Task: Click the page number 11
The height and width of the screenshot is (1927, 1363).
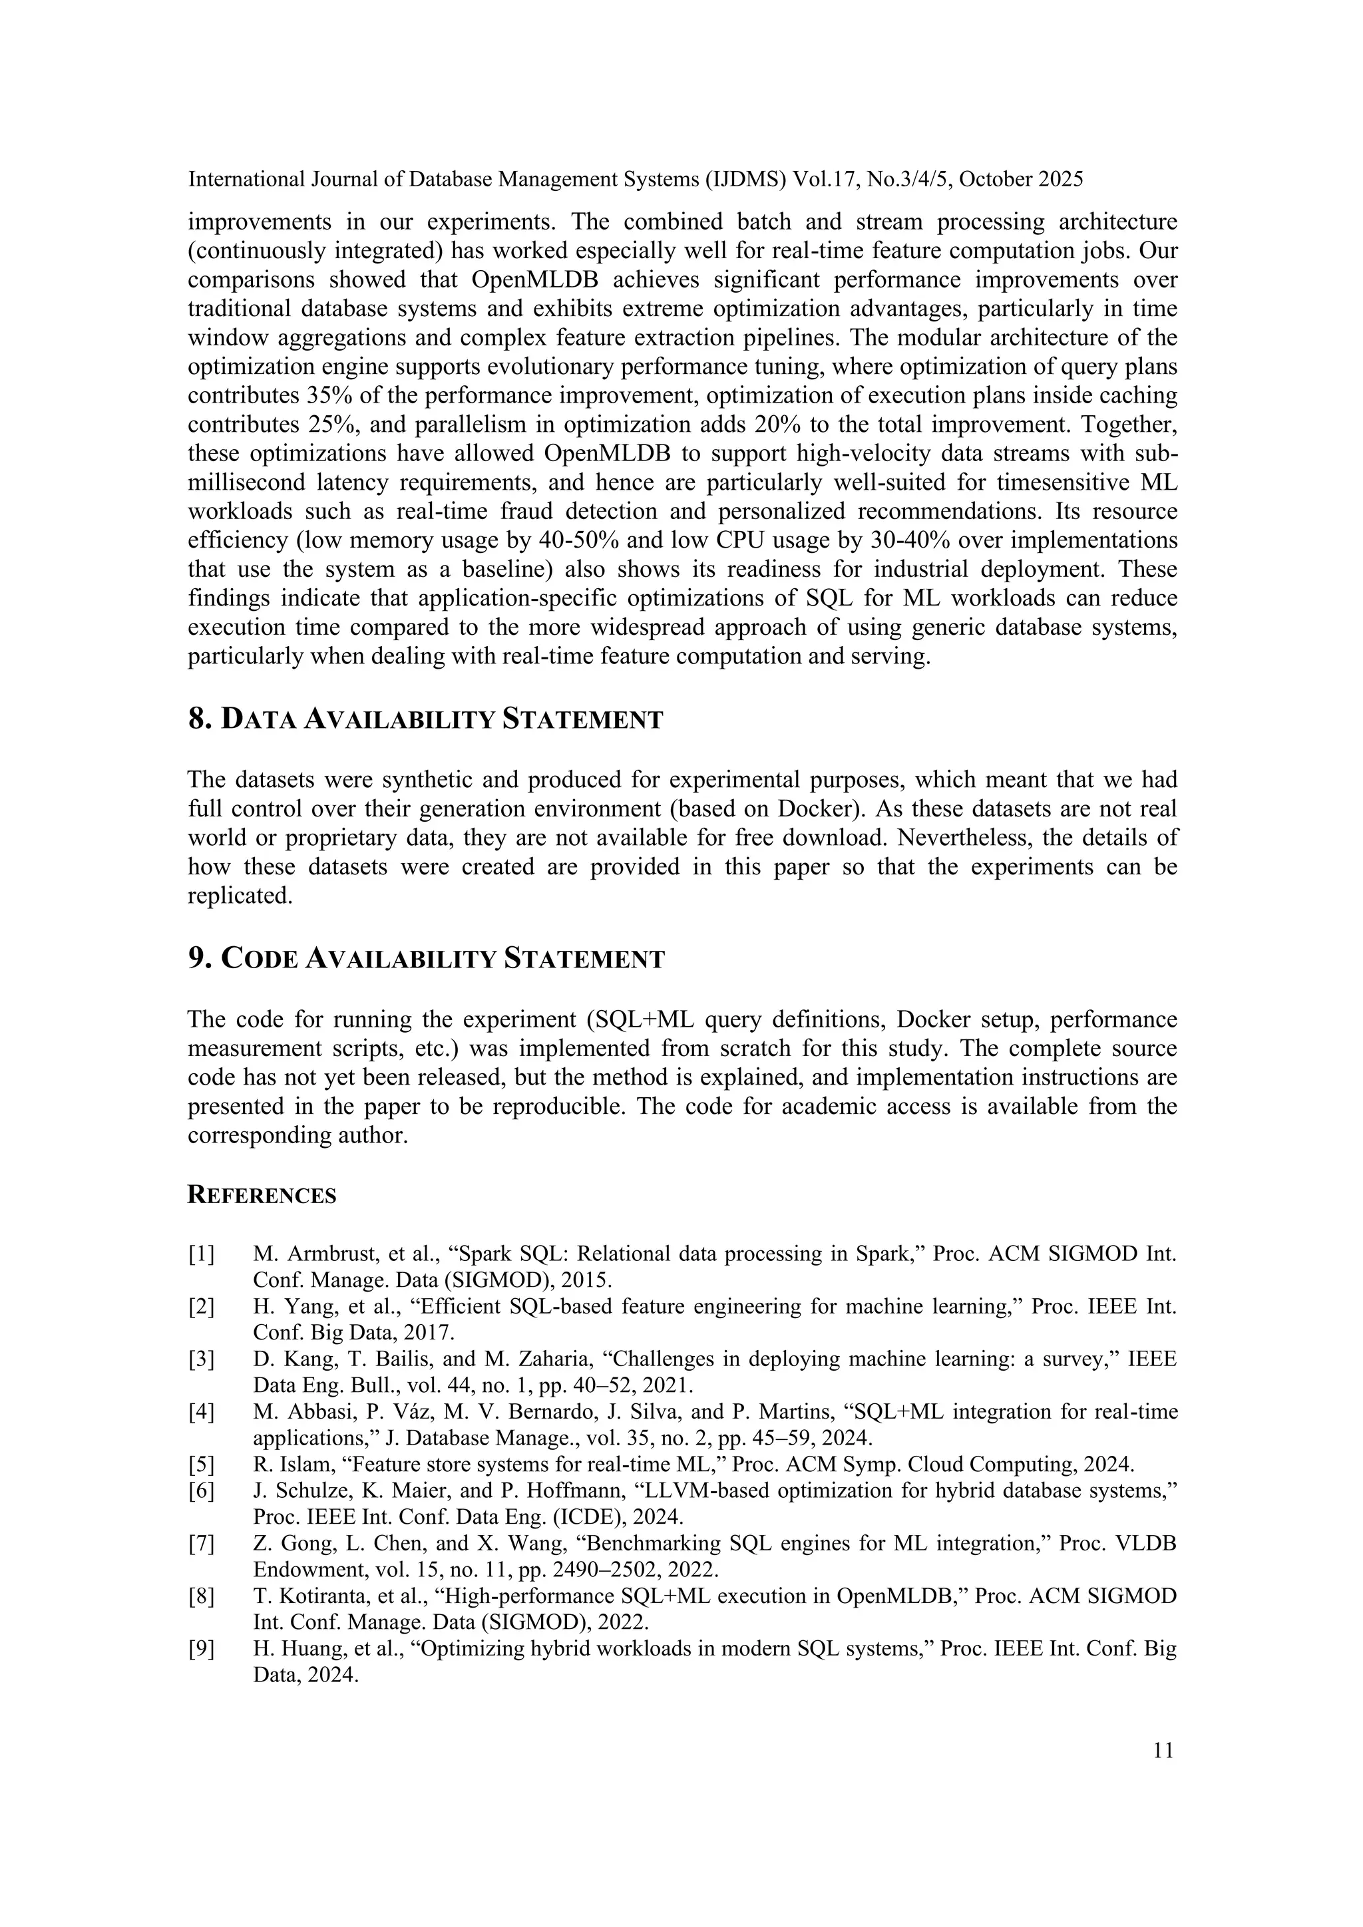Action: (1163, 1750)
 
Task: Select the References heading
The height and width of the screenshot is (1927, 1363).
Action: (261, 1196)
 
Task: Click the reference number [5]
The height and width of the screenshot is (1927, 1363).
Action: (202, 1465)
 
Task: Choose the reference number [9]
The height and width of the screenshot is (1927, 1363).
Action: (202, 1650)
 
